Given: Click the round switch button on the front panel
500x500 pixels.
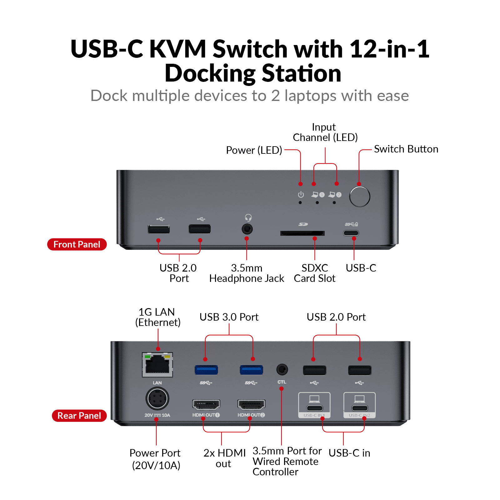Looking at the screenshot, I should coord(360,197).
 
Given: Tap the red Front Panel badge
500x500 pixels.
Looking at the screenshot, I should coord(77,244).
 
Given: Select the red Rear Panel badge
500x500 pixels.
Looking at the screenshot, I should coord(79,416).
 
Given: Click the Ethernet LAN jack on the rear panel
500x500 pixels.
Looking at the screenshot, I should coord(157,365).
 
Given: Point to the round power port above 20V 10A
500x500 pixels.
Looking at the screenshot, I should coord(157,398).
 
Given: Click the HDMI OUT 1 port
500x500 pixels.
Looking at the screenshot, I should coord(206,405).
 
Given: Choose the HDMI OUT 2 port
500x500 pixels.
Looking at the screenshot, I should coord(251,405).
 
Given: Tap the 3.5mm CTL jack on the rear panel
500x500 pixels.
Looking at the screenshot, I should coord(282,370).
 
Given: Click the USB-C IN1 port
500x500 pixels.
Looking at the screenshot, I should coord(314,408).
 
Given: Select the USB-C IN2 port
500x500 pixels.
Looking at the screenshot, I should coord(360,408).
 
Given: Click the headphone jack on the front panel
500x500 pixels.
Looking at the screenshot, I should coord(247,229).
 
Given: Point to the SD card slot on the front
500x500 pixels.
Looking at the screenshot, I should coord(302,233).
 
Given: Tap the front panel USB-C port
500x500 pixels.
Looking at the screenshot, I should coord(351,233).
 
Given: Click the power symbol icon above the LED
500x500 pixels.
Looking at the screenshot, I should coord(301,195).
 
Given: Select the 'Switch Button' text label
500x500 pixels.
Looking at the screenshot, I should coord(406,149).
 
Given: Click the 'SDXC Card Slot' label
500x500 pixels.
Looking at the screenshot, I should coord(315,273).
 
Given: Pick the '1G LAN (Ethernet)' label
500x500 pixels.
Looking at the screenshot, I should coord(158,317).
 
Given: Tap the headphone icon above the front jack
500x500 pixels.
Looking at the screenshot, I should coord(248,217).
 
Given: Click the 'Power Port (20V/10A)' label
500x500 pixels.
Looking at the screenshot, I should coord(155,459).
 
